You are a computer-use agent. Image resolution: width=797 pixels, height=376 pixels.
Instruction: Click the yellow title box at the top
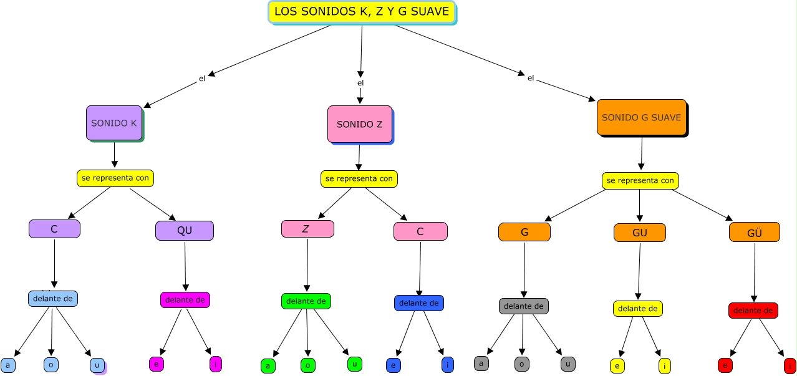362,12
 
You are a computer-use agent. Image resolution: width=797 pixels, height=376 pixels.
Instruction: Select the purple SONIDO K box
114,123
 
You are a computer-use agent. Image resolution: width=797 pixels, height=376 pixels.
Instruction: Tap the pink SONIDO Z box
360,123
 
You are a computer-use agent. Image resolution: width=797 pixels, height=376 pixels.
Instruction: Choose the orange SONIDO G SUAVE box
641,117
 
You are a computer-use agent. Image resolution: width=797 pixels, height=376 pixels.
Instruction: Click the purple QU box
185,231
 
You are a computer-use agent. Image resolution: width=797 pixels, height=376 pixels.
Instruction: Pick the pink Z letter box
307,229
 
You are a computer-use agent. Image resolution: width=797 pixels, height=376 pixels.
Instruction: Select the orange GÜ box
755,232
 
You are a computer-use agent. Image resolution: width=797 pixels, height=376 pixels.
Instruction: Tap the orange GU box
640,233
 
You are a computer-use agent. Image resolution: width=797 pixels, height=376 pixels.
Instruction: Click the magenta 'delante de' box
185,300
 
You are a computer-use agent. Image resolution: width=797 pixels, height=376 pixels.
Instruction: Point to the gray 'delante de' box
524,306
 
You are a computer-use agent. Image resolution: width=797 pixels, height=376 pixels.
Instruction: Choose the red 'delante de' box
753,311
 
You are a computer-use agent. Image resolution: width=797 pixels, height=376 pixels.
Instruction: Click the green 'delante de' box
306,301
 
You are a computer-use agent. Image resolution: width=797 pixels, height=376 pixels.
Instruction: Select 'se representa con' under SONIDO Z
359,178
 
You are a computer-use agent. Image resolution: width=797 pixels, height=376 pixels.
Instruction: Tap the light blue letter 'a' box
8,365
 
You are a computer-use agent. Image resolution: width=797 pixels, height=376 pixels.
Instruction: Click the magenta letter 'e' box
156,364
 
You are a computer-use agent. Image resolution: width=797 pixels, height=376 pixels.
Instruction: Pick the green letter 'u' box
354,364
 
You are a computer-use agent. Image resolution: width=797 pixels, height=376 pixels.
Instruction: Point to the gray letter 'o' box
522,364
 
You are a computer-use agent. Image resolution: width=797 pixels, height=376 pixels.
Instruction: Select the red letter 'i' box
790,366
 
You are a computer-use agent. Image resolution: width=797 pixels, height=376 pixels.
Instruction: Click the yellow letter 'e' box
617,366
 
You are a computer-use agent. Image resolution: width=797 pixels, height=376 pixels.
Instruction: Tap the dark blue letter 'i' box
448,365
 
